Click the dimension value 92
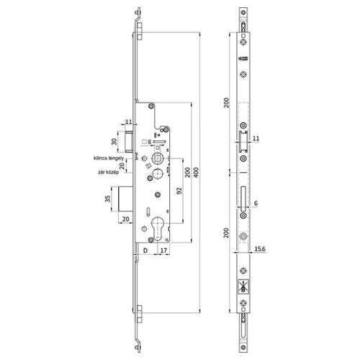[x=176, y=191]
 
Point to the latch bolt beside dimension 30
[x=130, y=141]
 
